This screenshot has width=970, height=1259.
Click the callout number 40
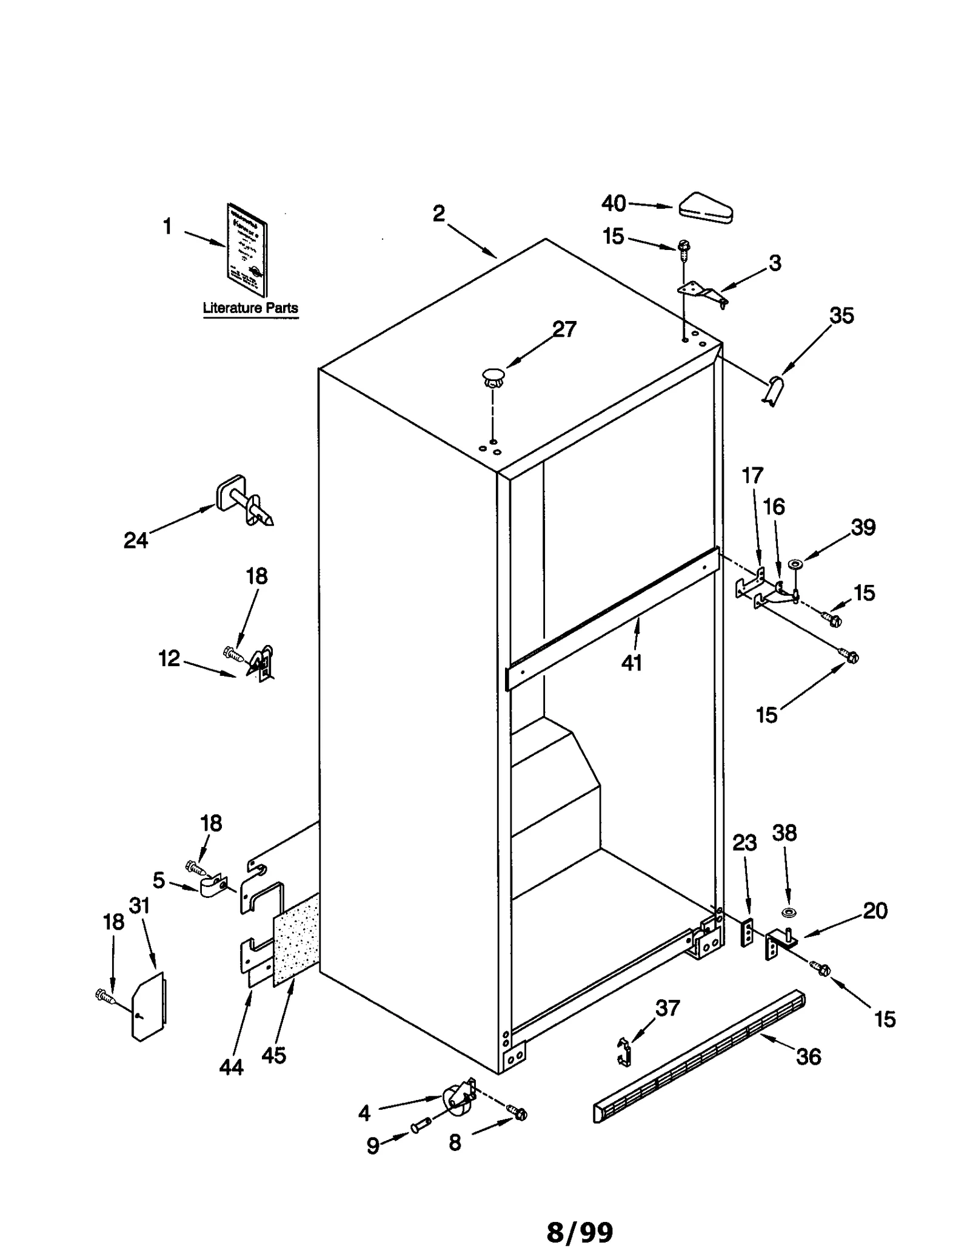coord(613,203)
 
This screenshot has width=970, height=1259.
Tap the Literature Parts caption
coord(250,308)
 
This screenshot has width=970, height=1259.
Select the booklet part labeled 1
coord(247,249)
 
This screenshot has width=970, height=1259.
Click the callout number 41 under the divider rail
coord(631,663)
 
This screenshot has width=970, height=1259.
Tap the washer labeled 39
coord(795,565)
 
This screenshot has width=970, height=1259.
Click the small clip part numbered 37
coord(624,1051)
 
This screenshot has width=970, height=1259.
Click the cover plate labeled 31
coord(149,1007)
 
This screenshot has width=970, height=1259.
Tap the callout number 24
coord(135,540)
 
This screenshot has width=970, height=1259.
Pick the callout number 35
coord(841,316)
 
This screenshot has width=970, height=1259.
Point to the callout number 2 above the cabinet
coord(438,214)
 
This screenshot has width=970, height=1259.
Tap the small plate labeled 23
coord(748,932)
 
